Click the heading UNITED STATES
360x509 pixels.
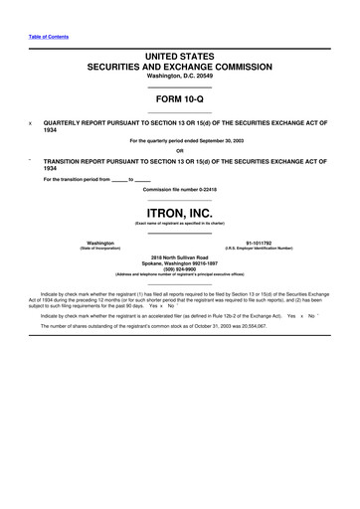(179, 60)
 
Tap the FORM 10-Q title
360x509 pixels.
(179, 99)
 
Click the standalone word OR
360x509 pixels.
(180, 151)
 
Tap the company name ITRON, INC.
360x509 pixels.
(180, 212)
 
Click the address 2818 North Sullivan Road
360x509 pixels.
(180, 256)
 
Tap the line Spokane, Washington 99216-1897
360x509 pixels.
(180, 263)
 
